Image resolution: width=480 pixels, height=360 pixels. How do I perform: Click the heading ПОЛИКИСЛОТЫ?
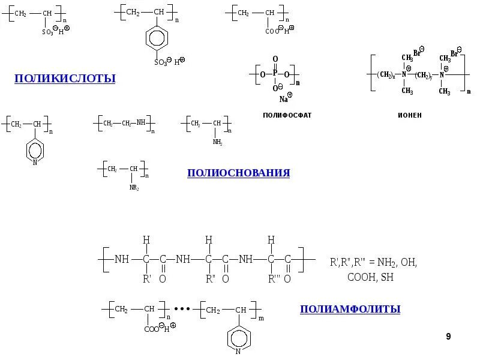click(x=65, y=79)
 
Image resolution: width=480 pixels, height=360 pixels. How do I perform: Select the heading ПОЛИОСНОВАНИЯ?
click(x=238, y=173)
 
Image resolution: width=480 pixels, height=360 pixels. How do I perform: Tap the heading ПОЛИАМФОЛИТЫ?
click(x=350, y=309)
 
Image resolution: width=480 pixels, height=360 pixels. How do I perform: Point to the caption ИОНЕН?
click(x=409, y=115)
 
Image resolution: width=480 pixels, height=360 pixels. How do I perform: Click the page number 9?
click(x=448, y=337)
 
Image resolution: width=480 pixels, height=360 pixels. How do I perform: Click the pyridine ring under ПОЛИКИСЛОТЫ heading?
click(x=35, y=149)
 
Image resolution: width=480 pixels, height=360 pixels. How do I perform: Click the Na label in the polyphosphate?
click(x=283, y=99)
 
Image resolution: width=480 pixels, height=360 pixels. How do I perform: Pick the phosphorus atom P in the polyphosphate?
click(x=275, y=74)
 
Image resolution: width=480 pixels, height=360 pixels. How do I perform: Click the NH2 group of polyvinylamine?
click(x=217, y=143)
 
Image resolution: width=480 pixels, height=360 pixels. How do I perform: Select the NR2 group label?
click(x=134, y=188)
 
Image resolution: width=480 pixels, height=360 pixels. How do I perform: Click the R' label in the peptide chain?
click(x=146, y=278)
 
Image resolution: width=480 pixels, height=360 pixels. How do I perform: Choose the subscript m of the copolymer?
click(x=261, y=319)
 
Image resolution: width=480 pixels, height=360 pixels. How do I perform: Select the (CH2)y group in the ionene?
click(x=424, y=74)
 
